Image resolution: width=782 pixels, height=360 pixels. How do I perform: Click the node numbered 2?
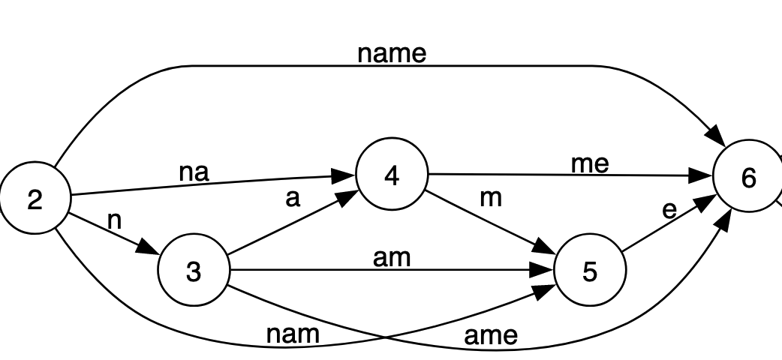coord(35,199)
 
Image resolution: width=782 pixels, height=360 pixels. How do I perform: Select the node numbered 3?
coord(194,271)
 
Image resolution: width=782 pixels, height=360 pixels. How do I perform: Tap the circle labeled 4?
coord(391,175)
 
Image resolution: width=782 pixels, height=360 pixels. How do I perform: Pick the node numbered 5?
coord(590,271)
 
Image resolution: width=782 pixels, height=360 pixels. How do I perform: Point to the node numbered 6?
coord(747,178)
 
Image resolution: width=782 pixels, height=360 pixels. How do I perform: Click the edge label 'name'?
coord(392,54)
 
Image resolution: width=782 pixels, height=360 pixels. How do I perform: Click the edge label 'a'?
coord(293,198)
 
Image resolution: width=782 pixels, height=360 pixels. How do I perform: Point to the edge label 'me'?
coord(590,163)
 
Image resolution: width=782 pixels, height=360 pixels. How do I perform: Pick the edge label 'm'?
coord(490,197)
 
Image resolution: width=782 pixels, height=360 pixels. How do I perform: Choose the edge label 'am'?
coord(392,257)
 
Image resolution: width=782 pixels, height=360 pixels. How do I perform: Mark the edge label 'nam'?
coord(293,334)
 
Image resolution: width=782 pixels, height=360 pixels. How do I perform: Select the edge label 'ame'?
coord(491,335)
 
